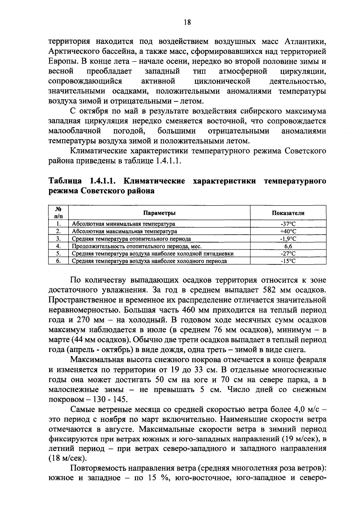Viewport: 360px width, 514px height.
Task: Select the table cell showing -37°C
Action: pyautogui.click(x=288, y=224)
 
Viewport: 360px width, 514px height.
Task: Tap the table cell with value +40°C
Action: pyautogui.click(x=288, y=231)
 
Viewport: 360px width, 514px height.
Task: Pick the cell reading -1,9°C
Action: pyautogui.click(x=288, y=239)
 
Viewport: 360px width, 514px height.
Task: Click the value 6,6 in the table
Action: pyautogui.click(x=288, y=246)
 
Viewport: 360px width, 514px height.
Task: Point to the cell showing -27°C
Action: pyautogui.click(x=288, y=254)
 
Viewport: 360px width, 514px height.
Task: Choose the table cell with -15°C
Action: pyautogui.click(x=288, y=261)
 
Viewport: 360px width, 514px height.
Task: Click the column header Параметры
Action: pyautogui.click(x=159, y=213)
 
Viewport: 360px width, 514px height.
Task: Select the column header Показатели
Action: pyautogui.click(x=288, y=213)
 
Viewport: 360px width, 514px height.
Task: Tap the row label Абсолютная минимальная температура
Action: pyautogui.click(x=123, y=224)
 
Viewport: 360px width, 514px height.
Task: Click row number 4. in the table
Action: pyautogui.click(x=58, y=246)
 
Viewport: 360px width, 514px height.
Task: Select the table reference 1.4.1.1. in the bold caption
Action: pyautogui.click(x=102, y=181)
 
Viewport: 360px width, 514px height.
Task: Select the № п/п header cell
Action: pyautogui.click(x=58, y=213)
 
